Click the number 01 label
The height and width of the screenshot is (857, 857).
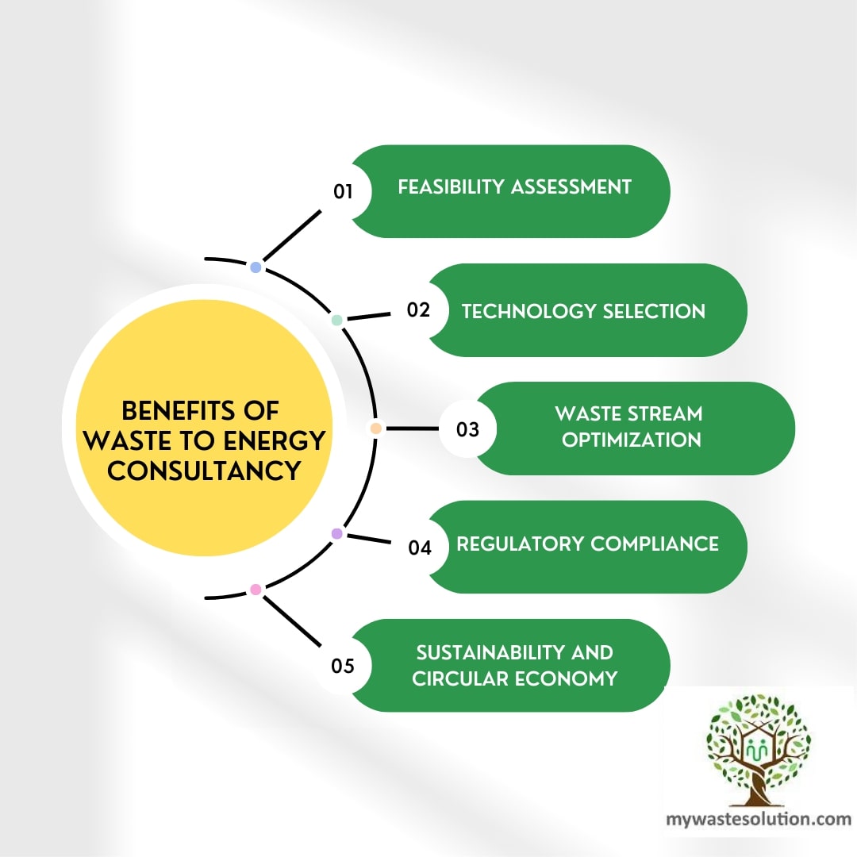tap(343, 191)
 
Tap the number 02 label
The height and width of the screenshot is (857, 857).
tap(418, 310)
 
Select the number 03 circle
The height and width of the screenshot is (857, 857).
tap(468, 429)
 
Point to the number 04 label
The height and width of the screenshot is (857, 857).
tap(420, 548)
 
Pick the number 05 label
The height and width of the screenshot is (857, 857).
tap(343, 666)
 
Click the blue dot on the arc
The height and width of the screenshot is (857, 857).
tap(256, 267)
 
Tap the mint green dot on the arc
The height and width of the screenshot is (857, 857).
tap(336, 320)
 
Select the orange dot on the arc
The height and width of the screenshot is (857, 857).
tap(376, 428)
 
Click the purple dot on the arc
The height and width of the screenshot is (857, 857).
tap(336, 534)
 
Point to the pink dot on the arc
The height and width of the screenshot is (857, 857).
tap(256, 590)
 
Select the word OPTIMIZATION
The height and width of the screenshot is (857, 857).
tap(632, 440)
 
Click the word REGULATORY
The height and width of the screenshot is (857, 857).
tap(520, 544)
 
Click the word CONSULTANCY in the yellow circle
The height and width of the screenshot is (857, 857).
tap(204, 471)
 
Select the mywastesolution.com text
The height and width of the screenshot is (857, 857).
tap(758, 819)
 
